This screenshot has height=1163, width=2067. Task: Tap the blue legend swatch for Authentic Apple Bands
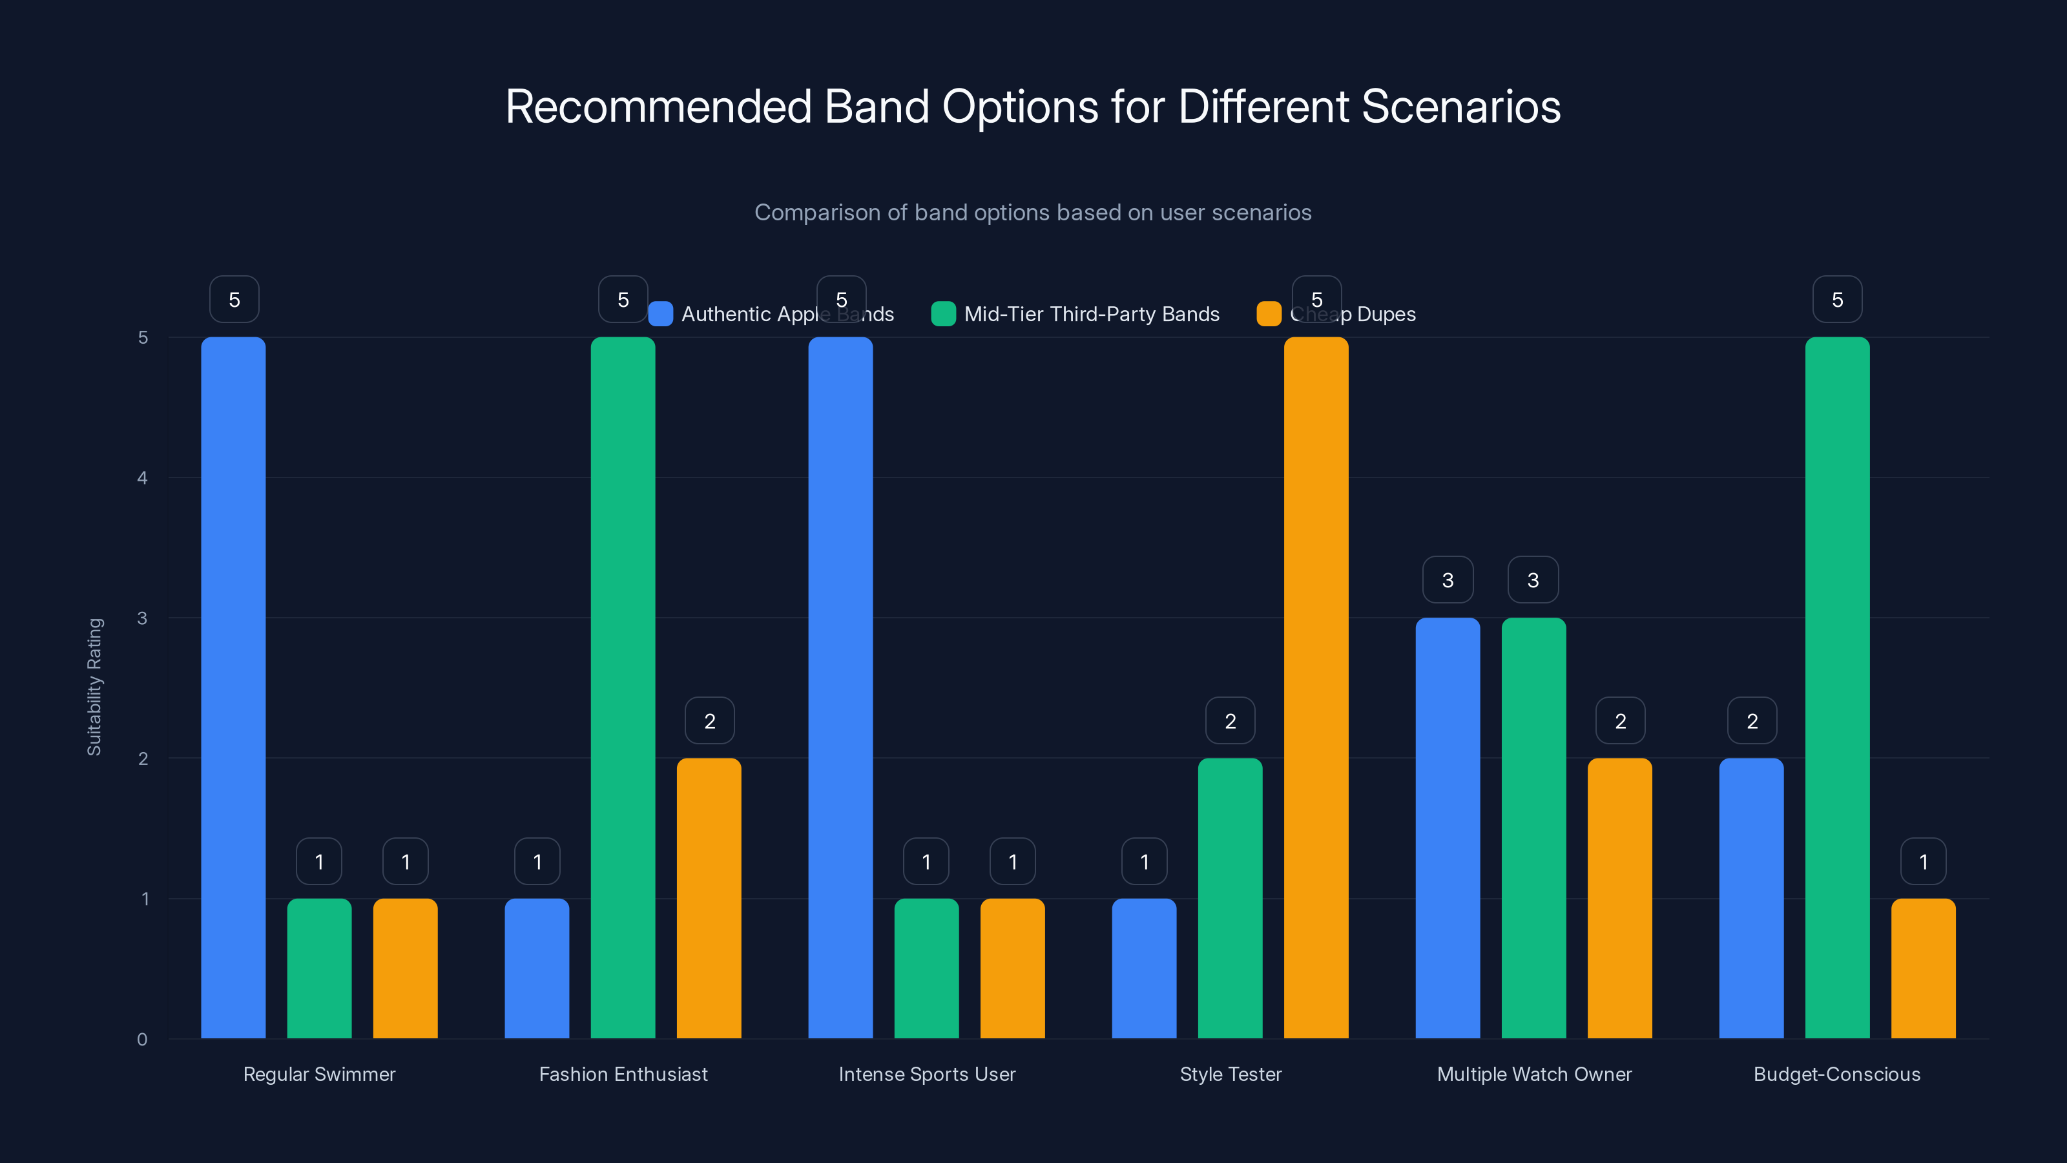pyautogui.click(x=660, y=314)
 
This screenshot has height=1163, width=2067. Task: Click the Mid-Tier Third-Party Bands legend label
pyautogui.click(x=1091, y=314)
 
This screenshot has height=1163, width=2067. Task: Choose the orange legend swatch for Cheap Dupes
pyautogui.click(x=1269, y=314)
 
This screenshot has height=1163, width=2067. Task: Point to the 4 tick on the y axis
pyautogui.click(x=142, y=478)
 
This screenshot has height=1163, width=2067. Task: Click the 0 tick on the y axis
pyautogui.click(x=142, y=1040)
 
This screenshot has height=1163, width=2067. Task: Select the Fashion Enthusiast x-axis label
pyautogui.click(x=623, y=1074)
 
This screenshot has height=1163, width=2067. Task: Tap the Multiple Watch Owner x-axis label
pyautogui.click(x=1534, y=1074)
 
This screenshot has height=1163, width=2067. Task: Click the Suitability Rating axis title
pyautogui.click(x=95, y=687)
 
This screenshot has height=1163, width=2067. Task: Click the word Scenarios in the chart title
pyautogui.click(x=1460, y=107)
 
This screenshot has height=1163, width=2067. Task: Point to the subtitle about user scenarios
pyautogui.click(x=1033, y=213)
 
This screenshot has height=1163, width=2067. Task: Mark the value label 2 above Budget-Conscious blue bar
pyautogui.click(x=1752, y=721)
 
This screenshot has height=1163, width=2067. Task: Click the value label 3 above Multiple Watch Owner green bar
pyautogui.click(x=1533, y=580)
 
